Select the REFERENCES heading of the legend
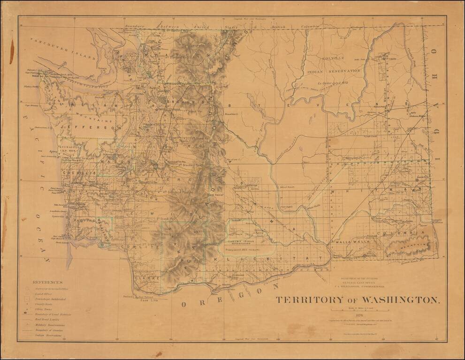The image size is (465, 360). (47, 282)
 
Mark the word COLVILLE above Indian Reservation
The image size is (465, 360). (334, 58)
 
